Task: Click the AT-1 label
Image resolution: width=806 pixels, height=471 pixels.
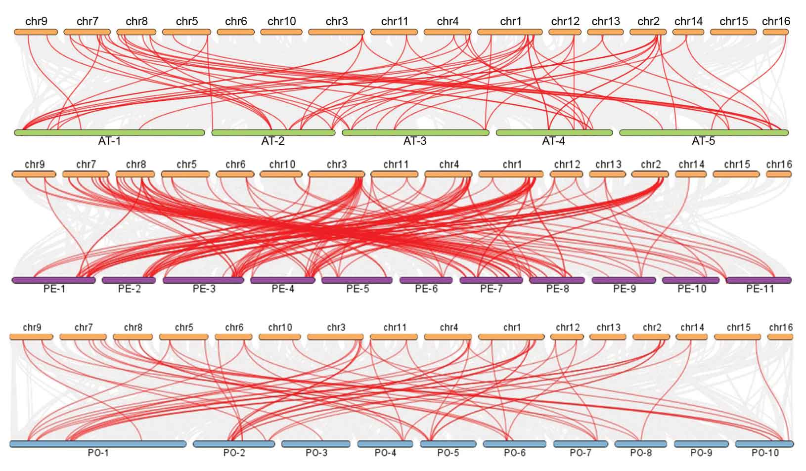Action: click(109, 141)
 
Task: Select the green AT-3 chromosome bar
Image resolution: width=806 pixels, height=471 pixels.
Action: click(415, 132)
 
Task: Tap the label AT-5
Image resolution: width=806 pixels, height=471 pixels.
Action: click(703, 141)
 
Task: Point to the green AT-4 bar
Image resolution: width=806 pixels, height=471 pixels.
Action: click(554, 132)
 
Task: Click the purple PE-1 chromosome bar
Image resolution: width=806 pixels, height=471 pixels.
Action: click(53, 280)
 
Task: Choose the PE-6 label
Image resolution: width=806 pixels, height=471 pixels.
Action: click(426, 289)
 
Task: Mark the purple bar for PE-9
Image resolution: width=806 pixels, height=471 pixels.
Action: click(624, 280)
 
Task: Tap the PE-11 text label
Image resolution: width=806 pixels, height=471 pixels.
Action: click(760, 289)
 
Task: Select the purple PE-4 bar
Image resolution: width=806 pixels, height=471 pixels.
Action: click(283, 280)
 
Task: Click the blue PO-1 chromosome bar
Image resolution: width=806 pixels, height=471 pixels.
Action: click(98, 444)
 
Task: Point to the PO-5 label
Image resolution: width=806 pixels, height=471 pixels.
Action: click(448, 453)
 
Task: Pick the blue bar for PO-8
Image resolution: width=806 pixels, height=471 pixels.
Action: click(640, 444)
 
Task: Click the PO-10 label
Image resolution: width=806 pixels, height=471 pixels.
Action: click(765, 453)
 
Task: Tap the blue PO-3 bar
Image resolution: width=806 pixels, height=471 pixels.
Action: click(316, 444)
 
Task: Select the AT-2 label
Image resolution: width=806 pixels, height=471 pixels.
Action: click(273, 141)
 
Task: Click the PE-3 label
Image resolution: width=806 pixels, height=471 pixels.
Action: click(204, 289)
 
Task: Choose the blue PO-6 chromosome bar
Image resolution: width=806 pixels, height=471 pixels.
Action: click(515, 444)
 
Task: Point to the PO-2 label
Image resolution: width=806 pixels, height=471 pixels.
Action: click(234, 453)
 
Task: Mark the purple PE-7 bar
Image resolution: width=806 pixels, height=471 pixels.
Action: click(491, 280)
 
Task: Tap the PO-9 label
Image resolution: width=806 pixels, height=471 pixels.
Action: click(701, 453)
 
